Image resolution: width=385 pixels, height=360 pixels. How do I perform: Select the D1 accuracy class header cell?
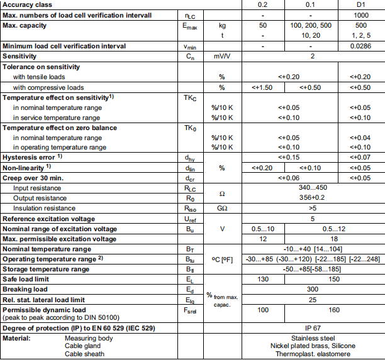tap(361, 5)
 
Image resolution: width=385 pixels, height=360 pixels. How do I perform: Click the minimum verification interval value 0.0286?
tap(361, 46)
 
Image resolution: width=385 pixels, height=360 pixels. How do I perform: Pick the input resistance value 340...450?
tap(313, 187)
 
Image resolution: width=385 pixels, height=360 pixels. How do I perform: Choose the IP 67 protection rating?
tap(313, 329)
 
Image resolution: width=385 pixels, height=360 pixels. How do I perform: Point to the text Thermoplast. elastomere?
tap(313, 354)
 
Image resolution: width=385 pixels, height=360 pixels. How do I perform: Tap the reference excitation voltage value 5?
tap(313, 219)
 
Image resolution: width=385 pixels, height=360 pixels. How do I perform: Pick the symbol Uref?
tap(189, 219)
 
